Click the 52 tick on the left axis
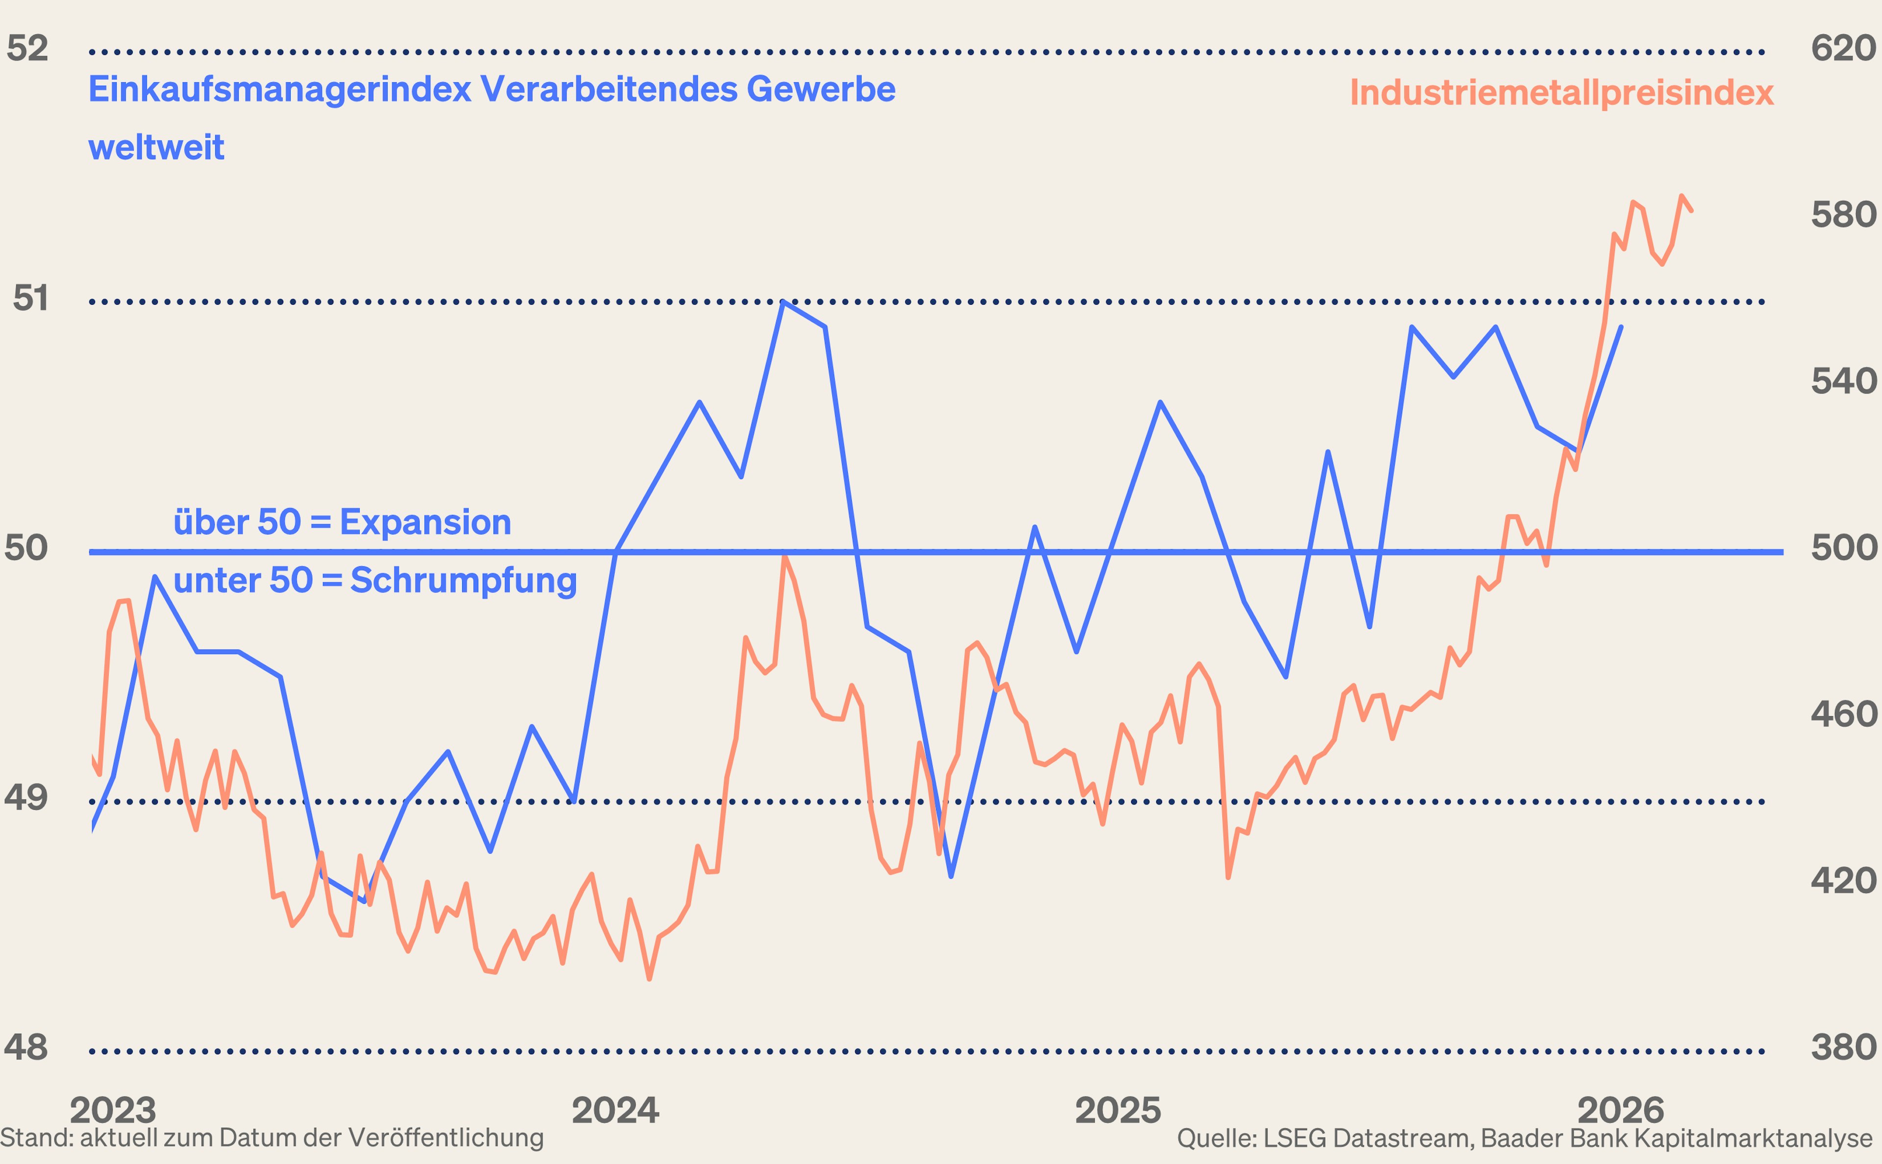click(28, 48)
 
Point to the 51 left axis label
click(31, 299)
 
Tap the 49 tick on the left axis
click(26, 798)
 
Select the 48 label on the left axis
click(26, 1048)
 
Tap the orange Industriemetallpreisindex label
click(1561, 93)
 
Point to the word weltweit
click(156, 147)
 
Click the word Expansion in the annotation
click(425, 523)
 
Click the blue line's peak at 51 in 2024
click(783, 303)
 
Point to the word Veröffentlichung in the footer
click(446, 1138)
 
